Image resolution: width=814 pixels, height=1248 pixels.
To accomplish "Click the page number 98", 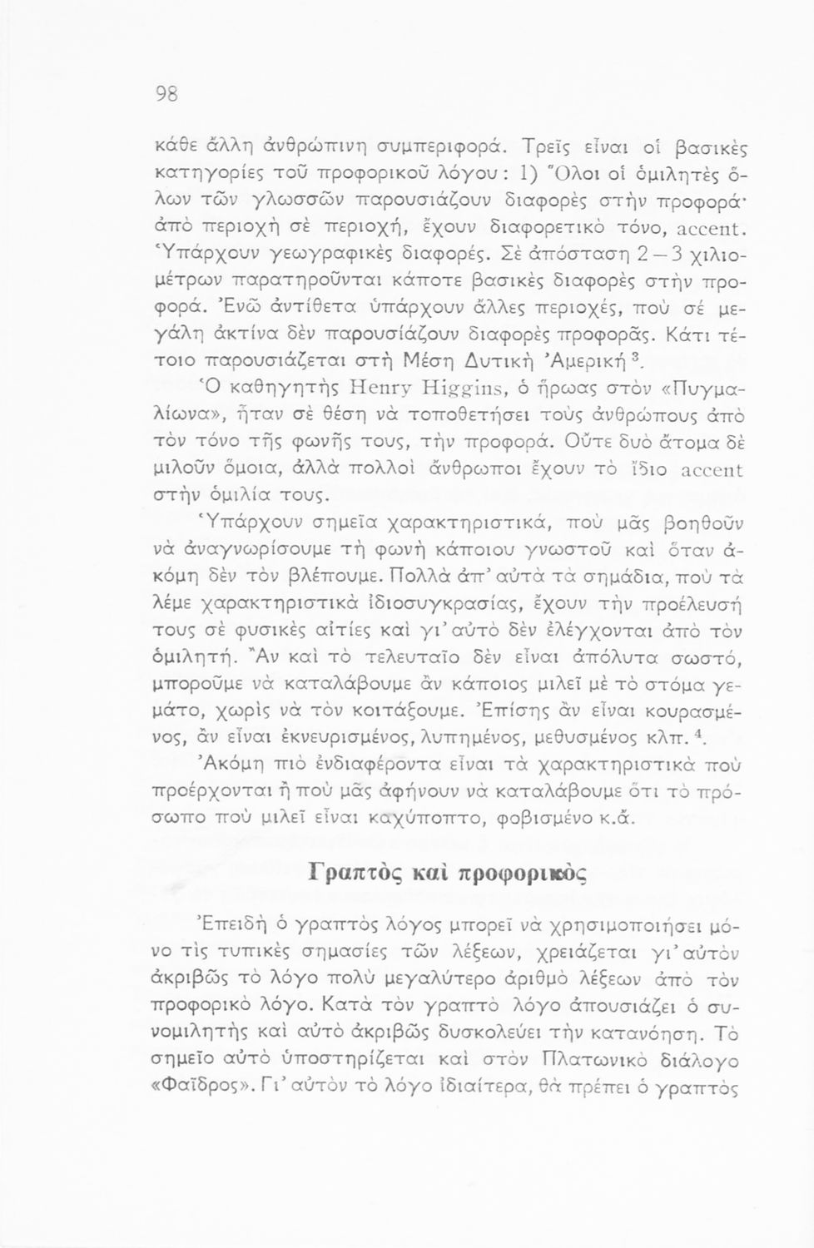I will click(167, 95).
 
